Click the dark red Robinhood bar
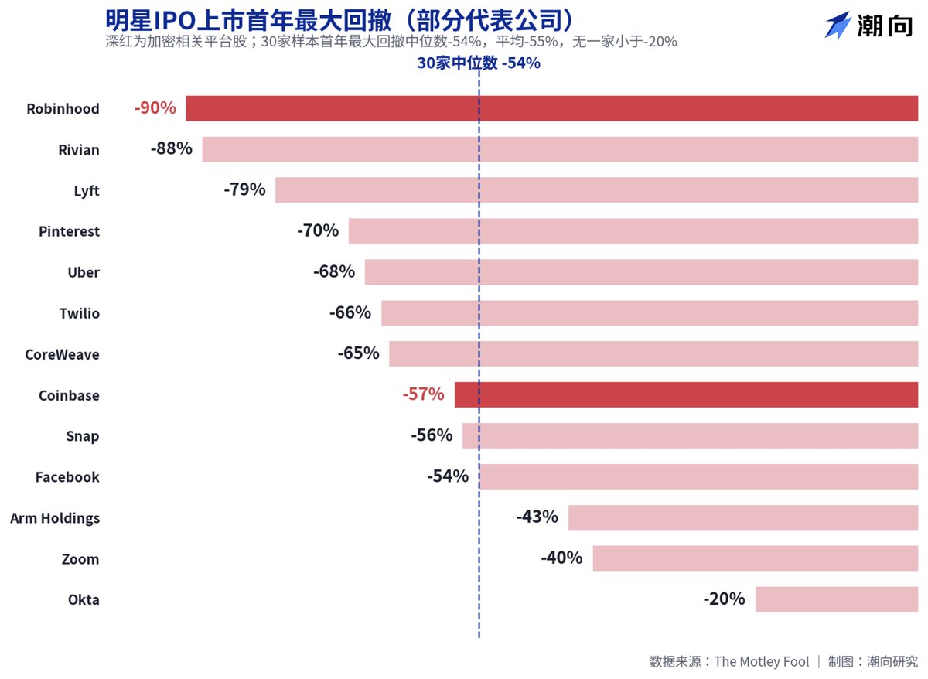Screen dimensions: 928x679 tap(552, 108)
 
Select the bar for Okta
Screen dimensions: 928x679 tap(837, 599)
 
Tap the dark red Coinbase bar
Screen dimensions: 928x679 tap(686, 395)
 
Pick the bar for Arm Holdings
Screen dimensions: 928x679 tap(743, 517)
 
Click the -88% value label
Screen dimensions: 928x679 tap(172, 148)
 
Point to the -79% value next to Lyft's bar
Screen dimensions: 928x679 tap(244, 189)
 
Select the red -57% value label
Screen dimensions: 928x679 tap(424, 394)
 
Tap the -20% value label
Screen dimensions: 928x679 tap(724, 599)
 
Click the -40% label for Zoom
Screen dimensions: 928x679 tap(561, 558)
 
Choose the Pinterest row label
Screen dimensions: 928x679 tap(69, 231)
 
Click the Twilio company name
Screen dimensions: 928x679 tap(80, 313)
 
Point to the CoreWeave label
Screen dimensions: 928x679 tap(62, 354)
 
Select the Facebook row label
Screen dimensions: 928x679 tap(67, 477)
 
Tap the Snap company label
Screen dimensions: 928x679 tap(83, 436)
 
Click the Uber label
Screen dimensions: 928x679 tap(84, 272)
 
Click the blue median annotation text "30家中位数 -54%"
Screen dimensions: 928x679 tap(479, 63)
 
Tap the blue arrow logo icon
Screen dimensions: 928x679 tap(838, 26)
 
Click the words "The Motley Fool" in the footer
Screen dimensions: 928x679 tap(762, 662)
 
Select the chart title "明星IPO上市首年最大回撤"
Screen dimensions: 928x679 tap(248, 20)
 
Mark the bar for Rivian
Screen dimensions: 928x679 tap(560, 149)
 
